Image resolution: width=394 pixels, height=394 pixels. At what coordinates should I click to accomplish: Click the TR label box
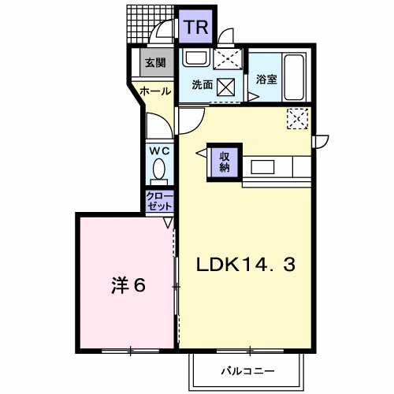[195, 28]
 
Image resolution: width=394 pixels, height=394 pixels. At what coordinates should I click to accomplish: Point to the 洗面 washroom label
[202, 85]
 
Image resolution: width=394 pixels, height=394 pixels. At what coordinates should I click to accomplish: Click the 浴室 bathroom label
[266, 80]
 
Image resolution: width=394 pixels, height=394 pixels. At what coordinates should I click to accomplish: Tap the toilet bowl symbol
[158, 169]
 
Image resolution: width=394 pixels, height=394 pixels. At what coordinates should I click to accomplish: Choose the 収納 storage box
[225, 161]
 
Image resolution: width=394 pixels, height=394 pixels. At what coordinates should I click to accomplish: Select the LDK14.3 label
[246, 266]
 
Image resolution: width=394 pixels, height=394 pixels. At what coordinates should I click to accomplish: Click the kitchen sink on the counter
[262, 166]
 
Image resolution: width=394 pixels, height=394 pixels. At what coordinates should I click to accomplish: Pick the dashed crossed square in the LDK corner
[298, 118]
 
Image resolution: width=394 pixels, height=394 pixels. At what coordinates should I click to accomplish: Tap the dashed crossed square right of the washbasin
[229, 59]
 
